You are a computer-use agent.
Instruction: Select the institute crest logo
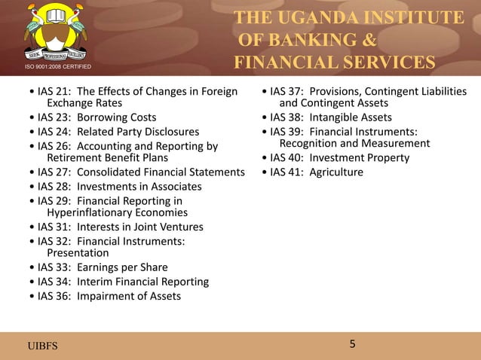tap(52, 34)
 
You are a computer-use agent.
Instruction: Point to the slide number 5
tap(352, 344)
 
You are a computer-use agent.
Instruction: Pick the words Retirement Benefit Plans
tap(107, 158)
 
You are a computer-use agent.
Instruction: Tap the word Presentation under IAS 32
tap(78, 253)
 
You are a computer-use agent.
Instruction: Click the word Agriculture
tap(336, 172)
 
